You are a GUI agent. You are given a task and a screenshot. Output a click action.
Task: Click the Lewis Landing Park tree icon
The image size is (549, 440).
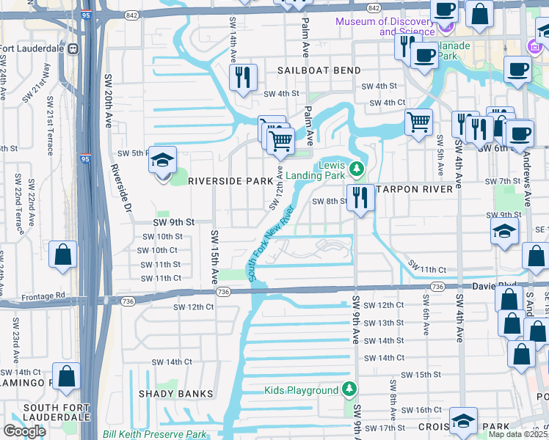tap(356, 169)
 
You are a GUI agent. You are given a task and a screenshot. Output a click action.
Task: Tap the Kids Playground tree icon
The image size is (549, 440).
tap(350, 390)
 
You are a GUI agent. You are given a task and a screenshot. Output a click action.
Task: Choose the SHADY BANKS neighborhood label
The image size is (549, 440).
tap(176, 394)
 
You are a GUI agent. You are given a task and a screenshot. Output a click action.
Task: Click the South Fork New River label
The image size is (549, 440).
tap(271, 244)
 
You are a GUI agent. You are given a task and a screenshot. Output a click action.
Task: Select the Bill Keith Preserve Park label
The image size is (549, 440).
tap(155, 434)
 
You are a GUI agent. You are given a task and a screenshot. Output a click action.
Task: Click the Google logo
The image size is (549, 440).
tap(24, 431)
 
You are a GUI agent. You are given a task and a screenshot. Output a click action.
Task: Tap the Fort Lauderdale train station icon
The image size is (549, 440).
tap(73, 49)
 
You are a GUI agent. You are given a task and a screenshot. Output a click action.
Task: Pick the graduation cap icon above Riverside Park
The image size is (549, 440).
tap(162, 159)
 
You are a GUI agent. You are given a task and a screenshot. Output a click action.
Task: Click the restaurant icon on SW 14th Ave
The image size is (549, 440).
tap(243, 77)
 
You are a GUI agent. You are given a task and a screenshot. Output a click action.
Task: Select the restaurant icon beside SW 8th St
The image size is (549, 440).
tap(360, 197)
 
